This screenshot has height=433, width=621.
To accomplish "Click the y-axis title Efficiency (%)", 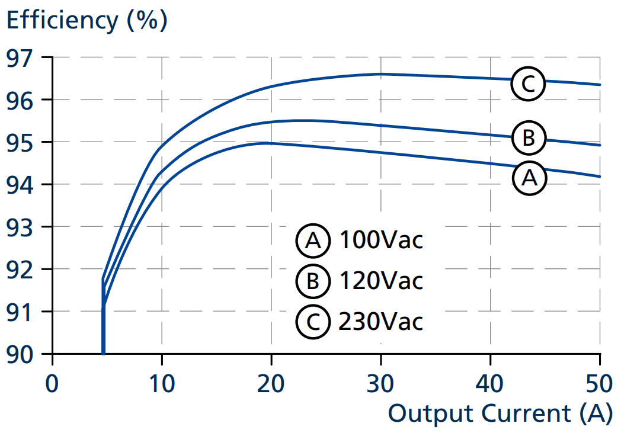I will (87, 21).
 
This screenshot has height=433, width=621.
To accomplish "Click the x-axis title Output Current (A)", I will (500, 413).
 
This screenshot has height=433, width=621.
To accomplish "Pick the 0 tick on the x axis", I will (53, 383).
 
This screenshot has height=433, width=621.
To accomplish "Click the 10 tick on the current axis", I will (161, 383).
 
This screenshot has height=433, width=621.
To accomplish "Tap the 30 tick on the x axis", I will (380, 383).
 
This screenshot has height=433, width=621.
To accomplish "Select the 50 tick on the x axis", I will (599, 383).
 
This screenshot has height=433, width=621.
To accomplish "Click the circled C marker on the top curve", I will (527, 84).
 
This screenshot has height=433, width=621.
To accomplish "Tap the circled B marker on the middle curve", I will (528, 137).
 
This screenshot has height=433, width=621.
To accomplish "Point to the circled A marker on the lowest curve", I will (528, 177).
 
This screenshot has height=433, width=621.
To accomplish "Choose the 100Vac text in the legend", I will (380, 240).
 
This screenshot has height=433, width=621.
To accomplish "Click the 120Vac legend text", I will (380, 281).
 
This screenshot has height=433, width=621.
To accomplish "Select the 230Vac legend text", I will (380, 322).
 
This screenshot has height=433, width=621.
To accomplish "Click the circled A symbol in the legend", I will (312, 240).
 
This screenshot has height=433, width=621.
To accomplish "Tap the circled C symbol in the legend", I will (312, 322).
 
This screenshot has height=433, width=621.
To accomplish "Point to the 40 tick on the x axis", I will (490, 383).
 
